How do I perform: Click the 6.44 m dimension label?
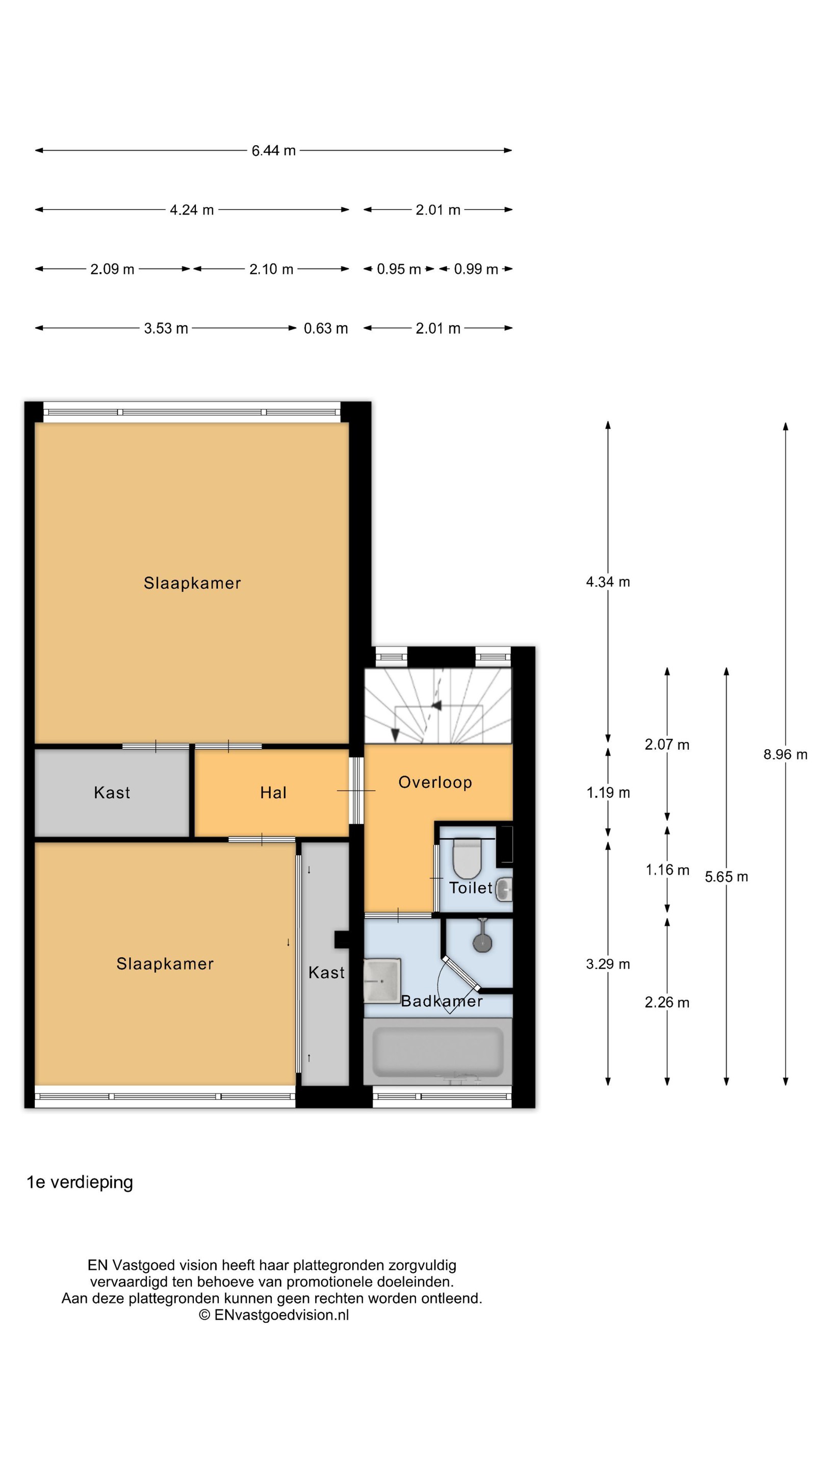click(x=274, y=150)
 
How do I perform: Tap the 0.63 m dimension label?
click(x=325, y=328)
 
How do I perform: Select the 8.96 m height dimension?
click(x=785, y=754)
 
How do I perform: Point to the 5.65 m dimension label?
click(x=726, y=877)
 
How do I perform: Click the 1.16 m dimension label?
click(x=667, y=870)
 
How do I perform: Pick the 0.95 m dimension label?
click(x=398, y=269)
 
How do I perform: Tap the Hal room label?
click(x=273, y=793)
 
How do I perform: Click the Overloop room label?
click(x=435, y=782)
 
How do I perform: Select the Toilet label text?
click(x=470, y=888)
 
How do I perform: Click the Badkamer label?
click(x=442, y=1001)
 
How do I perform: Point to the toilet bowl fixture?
click(x=467, y=859)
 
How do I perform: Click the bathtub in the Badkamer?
click(x=438, y=1051)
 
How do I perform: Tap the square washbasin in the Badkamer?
click(x=382, y=980)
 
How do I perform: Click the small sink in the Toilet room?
click(x=504, y=889)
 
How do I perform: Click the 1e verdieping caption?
click(x=80, y=1183)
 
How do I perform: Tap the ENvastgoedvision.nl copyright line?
click(x=274, y=1315)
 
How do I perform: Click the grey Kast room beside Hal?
click(x=112, y=793)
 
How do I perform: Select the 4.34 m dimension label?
click(x=608, y=582)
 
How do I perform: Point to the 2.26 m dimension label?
click(x=667, y=1003)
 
